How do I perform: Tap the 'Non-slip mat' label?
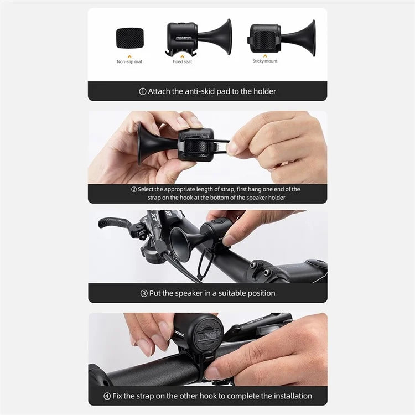pos(129,61)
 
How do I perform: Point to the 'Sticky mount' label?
pos(265,61)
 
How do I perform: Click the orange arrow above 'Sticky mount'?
pos(265,55)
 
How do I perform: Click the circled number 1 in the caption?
pos(142,91)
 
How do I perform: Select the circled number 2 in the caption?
pos(133,189)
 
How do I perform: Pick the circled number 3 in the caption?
pos(144,293)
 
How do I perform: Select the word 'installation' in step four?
pos(291,396)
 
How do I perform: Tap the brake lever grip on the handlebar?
pos(113,223)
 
